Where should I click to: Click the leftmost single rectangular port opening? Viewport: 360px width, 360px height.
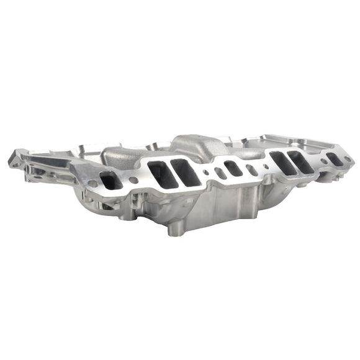110,180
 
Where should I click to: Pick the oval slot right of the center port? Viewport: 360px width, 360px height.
252,169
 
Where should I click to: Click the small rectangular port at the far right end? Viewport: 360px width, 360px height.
333,159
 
